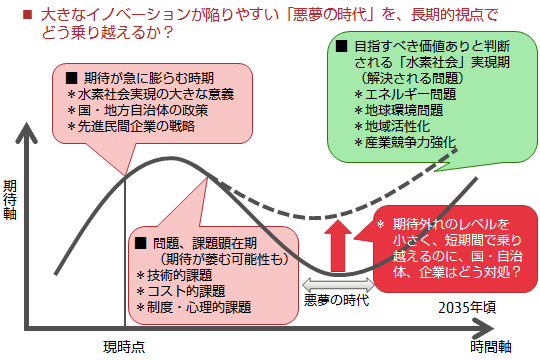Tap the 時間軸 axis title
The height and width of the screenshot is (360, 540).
pyautogui.click(x=491, y=346)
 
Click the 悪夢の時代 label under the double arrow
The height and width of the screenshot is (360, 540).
pyautogui.click(x=337, y=300)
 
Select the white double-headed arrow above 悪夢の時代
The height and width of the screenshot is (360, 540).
pyautogui.click(x=337, y=284)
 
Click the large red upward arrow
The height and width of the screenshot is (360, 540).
pyautogui.click(x=340, y=245)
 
